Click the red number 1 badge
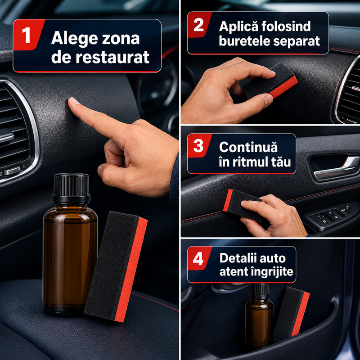[27, 35]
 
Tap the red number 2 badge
[199, 25]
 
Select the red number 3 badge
[199, 145]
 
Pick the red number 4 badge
[199, 258]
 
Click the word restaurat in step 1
[112, 57]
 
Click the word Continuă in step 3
[248, 147]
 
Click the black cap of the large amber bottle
[71, 187]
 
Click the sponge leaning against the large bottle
[116, 266]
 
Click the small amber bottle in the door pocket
[260, 317]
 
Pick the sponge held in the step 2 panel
[270, 81]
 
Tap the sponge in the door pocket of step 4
[291, 314]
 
